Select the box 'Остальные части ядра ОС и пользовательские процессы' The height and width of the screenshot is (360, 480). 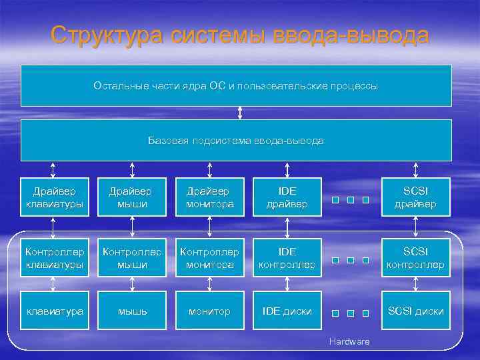(236, 86)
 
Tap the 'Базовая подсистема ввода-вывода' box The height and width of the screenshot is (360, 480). (236, 141)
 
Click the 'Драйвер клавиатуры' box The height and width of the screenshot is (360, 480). (55, 197)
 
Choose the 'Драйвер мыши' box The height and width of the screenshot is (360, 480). (132, 197)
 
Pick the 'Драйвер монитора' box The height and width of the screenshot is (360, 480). (210, 197)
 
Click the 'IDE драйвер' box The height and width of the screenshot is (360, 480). (287, 197)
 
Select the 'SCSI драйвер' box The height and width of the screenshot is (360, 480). (416, 197)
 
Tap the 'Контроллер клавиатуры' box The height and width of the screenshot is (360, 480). (55, 258)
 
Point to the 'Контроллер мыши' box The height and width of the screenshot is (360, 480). (132, 258)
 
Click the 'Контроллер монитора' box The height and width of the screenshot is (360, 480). (210, 258)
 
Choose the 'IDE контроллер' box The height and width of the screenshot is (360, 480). (287, 258)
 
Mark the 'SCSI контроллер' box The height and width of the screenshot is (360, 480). (416, 258)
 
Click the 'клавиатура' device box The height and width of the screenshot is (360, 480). (55, 311)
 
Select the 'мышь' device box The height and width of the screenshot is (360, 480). (132, 311)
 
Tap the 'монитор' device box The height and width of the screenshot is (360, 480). (210, 311)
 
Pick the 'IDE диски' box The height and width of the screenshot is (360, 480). (287, 311)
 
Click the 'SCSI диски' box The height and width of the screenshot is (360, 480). (416, 311)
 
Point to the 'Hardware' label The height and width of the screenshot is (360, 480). (349, 341)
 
